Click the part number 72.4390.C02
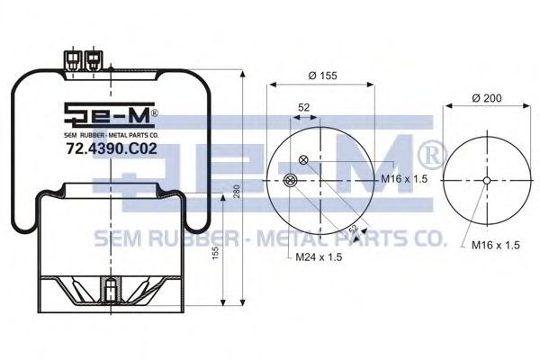112,148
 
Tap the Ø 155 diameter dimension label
323,76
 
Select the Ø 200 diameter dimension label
487,98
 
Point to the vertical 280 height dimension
236,191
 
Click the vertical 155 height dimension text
215,253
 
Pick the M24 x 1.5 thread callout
319,256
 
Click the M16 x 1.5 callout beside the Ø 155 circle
404,179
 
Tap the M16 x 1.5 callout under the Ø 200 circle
495,245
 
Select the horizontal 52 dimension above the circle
304,107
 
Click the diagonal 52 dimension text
354,228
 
